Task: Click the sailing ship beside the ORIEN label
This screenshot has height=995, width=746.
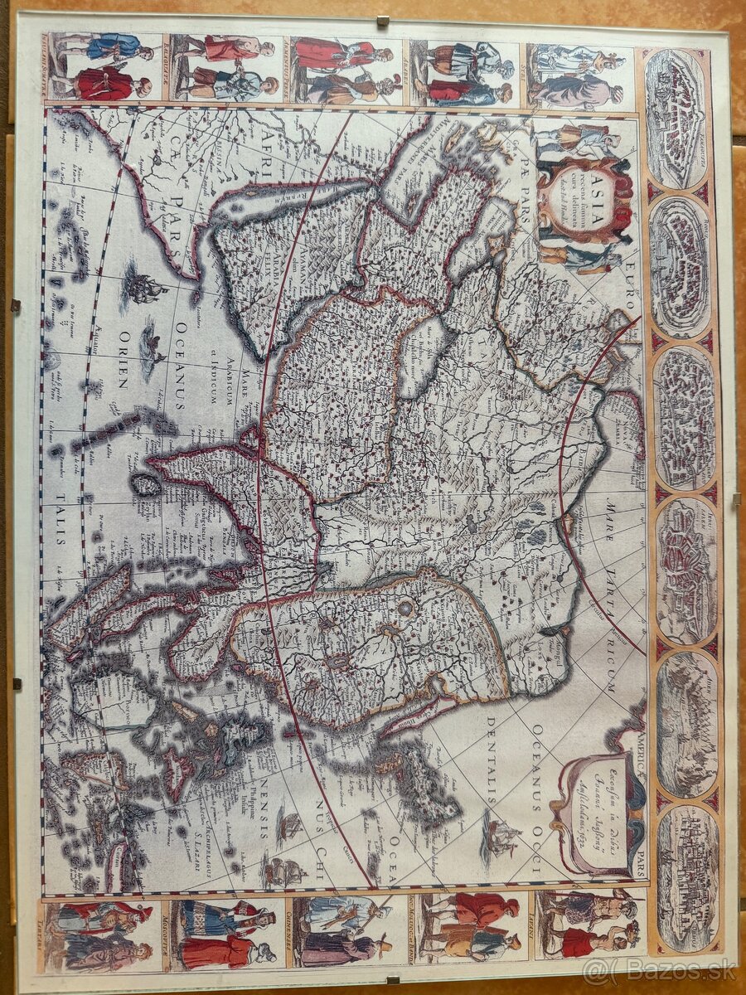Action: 144,288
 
